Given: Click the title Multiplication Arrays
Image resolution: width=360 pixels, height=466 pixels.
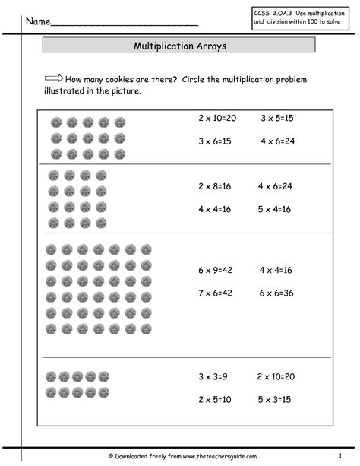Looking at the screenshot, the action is (179, 46).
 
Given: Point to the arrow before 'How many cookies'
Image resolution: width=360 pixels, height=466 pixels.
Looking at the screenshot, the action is (53, 78).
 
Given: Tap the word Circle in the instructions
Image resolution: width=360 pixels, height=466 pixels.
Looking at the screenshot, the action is (196, 80).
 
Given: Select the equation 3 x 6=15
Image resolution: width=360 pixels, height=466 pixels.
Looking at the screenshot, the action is (214, 141).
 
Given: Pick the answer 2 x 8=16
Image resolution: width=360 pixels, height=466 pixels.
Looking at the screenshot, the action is (214, 185).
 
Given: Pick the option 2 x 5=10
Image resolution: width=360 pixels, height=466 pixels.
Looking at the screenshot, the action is (214, 399).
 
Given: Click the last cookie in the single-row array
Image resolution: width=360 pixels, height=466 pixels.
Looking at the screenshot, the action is (103, 376).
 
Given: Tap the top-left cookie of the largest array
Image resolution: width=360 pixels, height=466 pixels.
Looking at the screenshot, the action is (52, 249).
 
